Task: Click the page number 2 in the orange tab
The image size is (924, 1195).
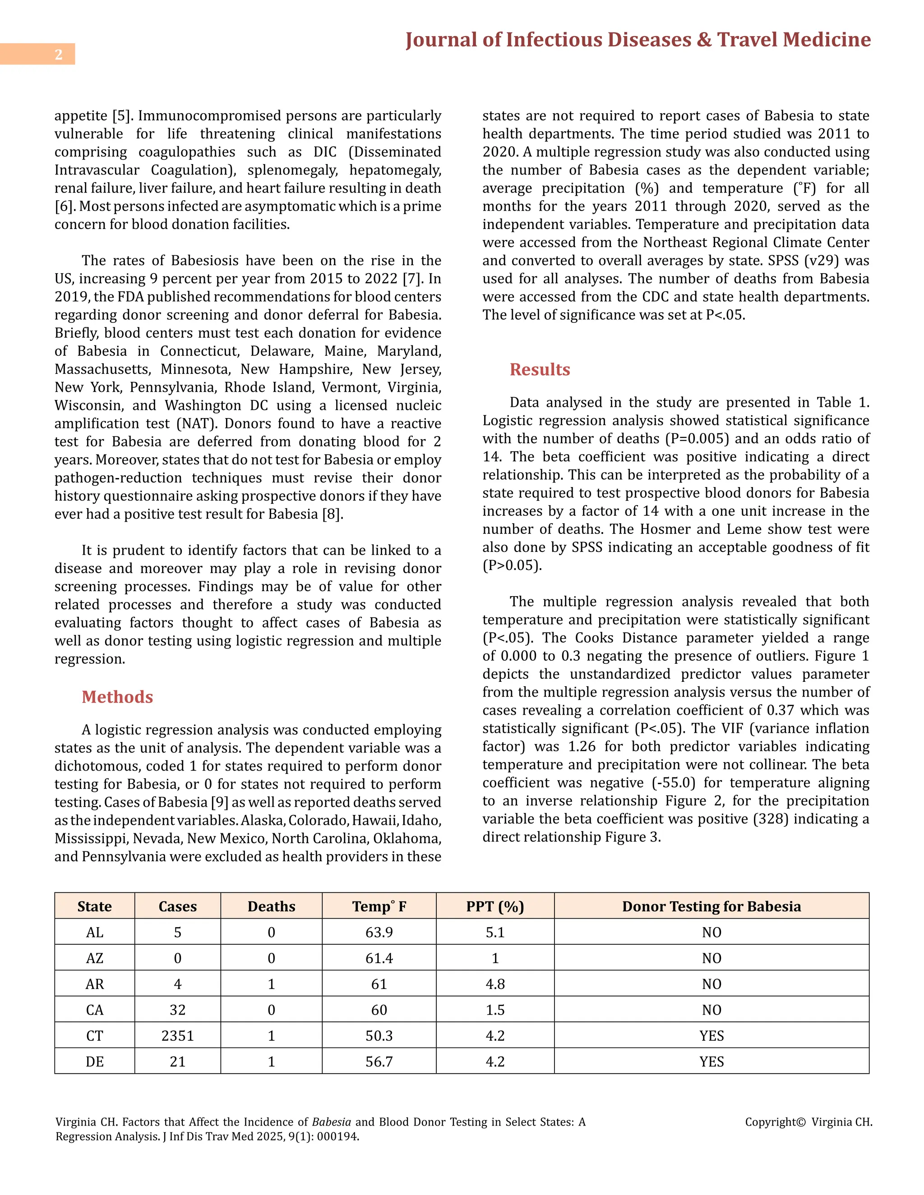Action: click(59, 54)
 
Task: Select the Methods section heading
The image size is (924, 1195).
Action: click(117, 697)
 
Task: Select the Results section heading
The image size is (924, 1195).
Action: click(539, 369)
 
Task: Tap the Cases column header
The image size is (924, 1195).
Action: click(177, 907)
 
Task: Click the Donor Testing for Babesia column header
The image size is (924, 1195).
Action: click(711, 907)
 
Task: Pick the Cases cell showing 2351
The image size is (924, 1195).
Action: click(177, 1036)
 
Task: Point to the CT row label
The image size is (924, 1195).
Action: click(94, 1036)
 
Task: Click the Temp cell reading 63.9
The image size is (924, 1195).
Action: click(379, 933)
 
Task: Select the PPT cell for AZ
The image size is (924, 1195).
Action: click(495, 958)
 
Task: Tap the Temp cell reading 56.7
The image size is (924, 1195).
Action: click(379, 1062)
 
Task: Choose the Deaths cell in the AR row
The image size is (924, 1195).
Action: click(271, 984)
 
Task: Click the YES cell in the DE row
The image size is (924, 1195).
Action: click(711, 1062)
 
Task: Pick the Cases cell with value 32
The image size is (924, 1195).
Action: click(177, 1010)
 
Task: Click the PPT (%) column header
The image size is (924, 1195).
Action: click(495, 907)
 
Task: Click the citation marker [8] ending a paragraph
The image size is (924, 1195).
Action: click(332, 515)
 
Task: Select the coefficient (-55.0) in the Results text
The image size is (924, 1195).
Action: click(673, 783)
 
